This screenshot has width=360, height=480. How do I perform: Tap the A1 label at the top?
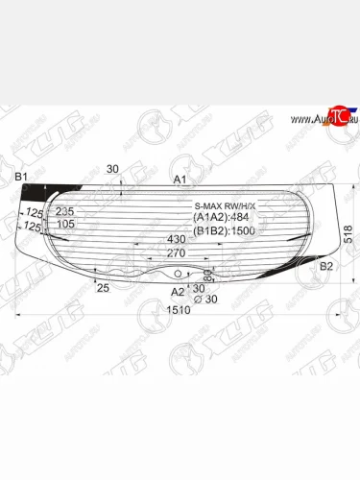click(180, 180)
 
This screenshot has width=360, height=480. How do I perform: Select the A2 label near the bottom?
click(177, 291)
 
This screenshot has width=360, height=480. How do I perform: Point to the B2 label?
click(326, 266)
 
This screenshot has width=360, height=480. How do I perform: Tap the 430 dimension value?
click(176, 239)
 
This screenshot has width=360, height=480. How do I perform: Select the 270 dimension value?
click(176, 254)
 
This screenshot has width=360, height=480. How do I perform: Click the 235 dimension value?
click(65, 211)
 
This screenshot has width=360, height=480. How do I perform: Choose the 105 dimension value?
click(65, 225)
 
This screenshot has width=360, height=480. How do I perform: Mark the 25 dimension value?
click(102, 287)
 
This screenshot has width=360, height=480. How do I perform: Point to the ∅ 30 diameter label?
click(204, 300)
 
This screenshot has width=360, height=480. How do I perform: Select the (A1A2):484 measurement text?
click(223, 218)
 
